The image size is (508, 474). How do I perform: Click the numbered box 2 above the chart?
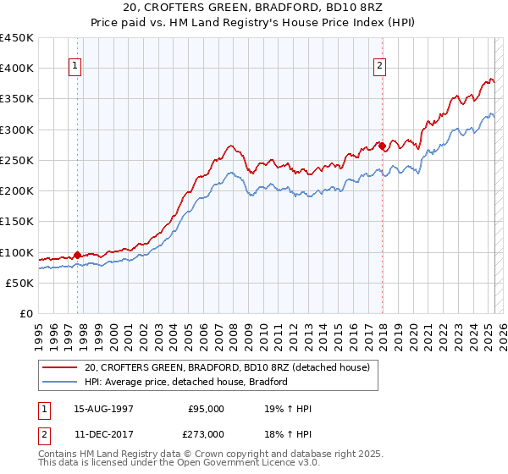click(380, 66)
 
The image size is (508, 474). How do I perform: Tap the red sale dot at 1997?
click(77, 254)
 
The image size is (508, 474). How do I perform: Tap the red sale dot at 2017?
click(382, 146)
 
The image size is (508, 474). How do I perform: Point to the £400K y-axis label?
click(17, 69)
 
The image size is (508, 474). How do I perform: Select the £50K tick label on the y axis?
click(20, 284)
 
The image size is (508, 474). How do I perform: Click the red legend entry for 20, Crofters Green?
click(227, 368)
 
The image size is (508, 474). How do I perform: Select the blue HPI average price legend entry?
click(186, 382)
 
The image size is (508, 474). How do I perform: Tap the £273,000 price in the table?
click(206, 433)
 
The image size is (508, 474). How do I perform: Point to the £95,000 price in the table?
click(206, 408)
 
